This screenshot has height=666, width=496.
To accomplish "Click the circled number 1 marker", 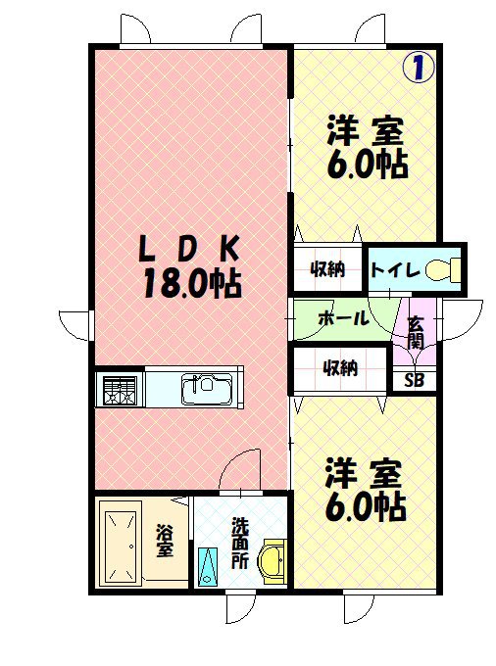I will coord(419,68).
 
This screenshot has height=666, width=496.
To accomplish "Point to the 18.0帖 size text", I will coord(192,284).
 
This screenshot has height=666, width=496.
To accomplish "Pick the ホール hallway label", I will coord(343,318).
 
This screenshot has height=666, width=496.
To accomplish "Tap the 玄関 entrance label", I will coord(415,332).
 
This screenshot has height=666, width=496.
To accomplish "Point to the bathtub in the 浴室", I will coord(123,543).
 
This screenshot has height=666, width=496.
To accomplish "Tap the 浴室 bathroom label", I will coord(165,541).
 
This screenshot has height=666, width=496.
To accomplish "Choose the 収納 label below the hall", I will coord(339,367).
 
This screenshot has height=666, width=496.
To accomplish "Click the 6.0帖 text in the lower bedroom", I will coord(366,505).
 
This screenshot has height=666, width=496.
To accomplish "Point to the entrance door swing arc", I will coord(460,318).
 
